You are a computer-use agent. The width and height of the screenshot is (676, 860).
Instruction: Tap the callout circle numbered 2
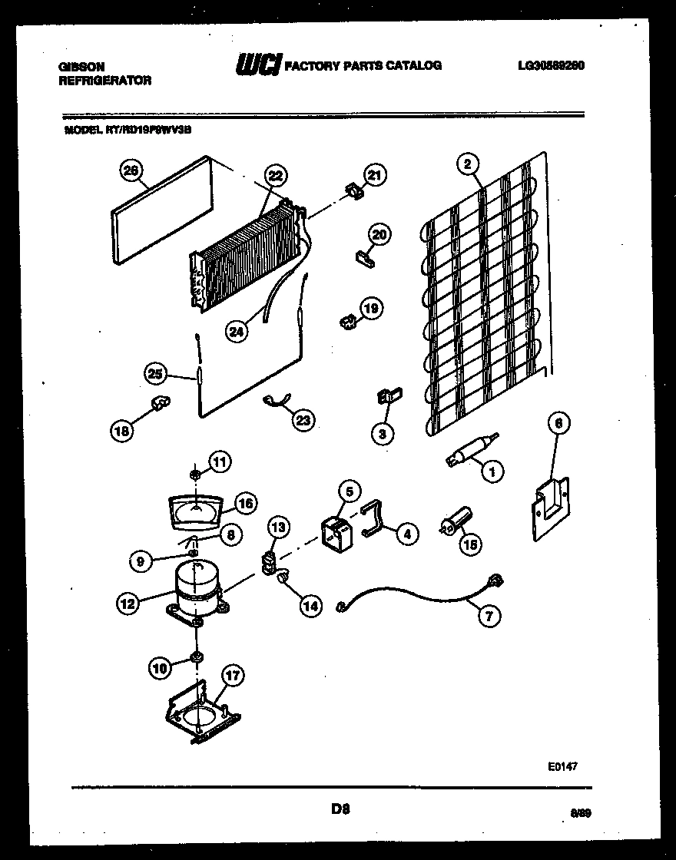click(x=466, y=163)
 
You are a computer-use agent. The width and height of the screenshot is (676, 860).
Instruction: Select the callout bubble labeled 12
click(x=128, y=604)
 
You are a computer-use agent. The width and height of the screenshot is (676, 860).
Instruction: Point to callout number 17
click(x=232, y=676)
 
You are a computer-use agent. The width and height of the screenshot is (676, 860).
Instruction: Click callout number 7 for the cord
click(x=487, y=614)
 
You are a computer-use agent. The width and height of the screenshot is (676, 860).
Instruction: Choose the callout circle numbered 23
click(x=303, y=420)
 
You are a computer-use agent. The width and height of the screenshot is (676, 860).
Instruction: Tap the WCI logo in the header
click(x=258, y=65)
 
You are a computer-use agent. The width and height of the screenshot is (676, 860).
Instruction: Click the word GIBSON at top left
click(x=82, y=67)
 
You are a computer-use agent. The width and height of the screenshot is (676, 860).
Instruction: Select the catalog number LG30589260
click(x=552, y=65)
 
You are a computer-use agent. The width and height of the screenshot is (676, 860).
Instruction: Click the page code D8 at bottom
click(x=341, y=808)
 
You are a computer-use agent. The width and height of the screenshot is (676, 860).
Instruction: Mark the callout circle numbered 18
click(x=121, y=432)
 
